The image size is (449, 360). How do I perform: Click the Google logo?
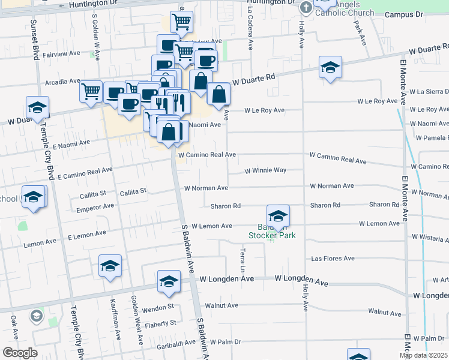[19, 353]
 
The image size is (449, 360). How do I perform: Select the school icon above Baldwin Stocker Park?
[278, 216]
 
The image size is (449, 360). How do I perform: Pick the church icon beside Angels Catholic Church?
[306, 8]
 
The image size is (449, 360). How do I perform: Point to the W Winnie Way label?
[265, 170]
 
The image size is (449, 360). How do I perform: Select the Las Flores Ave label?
[333, 259]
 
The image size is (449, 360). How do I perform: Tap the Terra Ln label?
[243, 259]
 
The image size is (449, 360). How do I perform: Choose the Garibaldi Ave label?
[174, 343]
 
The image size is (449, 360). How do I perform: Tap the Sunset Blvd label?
[34, 39]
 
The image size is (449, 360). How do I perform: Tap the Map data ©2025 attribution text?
[423, 355]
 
